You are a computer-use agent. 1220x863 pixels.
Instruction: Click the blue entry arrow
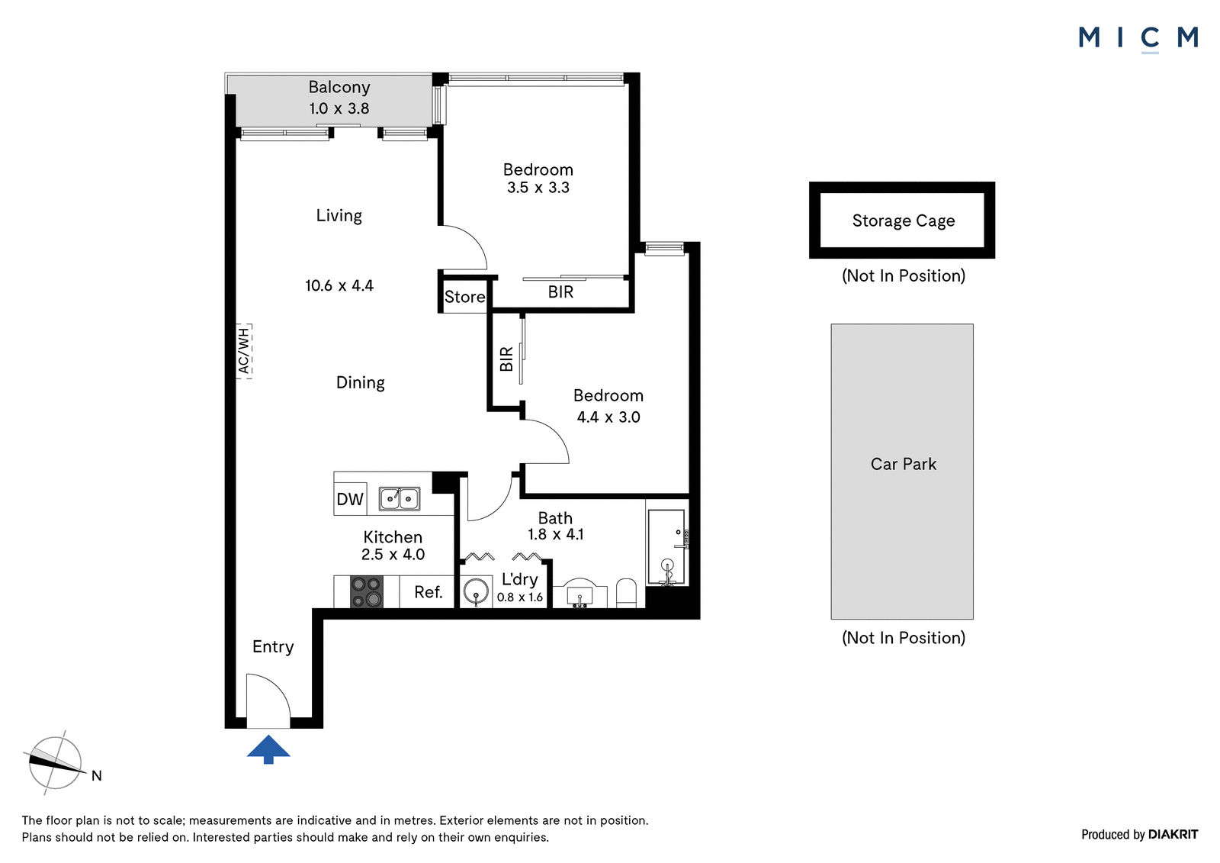[268, 749]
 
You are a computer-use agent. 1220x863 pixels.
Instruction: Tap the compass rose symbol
[55, 763]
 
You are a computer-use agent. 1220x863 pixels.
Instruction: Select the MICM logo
[1138, 39]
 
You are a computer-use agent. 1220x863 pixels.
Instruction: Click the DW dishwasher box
[350, 499]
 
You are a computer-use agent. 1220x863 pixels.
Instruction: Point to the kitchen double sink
[400, 498]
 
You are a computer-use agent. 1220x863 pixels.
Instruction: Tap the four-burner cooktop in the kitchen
[367, 591]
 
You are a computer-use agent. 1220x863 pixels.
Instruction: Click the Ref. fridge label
[428, 592]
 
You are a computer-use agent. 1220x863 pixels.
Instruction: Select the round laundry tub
[476, 591]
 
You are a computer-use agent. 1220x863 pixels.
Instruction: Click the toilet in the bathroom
[626, 593]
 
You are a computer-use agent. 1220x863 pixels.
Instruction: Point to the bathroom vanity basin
[580, 593]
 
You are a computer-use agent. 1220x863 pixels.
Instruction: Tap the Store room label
[464, 297]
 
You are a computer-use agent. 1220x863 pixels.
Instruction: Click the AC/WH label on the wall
[244, 350]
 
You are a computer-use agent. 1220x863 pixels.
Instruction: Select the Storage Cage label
[903, 221]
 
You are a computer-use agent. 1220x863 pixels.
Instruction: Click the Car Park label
[903, 464]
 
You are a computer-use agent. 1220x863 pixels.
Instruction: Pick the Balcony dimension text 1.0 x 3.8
[339, 108]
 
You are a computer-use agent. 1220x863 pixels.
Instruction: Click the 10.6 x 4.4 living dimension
[339, 285]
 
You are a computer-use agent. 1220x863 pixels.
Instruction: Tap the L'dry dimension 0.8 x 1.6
[519, 597]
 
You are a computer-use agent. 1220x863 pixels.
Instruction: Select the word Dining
[360, 383]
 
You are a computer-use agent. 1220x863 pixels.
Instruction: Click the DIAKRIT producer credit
[1173, 835]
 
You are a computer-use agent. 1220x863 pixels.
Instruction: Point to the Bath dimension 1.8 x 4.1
[556, 534]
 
